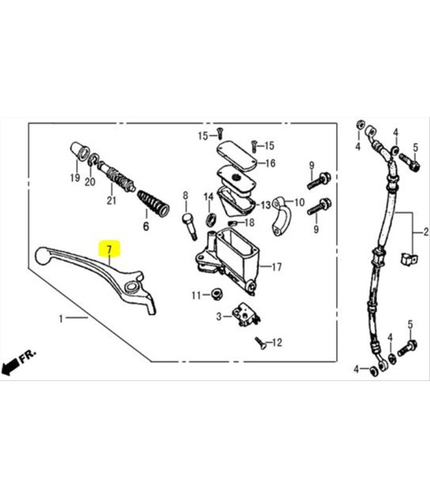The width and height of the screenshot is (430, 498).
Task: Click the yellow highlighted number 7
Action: [x=109, y=249]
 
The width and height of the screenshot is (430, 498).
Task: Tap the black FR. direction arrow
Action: [x=10, y=366]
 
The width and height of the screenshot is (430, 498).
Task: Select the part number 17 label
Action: [x=277, y=267]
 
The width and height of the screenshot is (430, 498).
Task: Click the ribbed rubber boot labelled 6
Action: [x=153, y=203]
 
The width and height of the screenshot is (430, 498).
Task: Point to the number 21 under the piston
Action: [x=112, y=201]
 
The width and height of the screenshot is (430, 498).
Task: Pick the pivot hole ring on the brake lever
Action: [x=131, y=287]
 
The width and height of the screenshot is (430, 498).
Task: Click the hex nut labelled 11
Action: [x=217, y=294]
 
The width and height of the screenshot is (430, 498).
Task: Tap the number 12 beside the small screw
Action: [x=277, y=343]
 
